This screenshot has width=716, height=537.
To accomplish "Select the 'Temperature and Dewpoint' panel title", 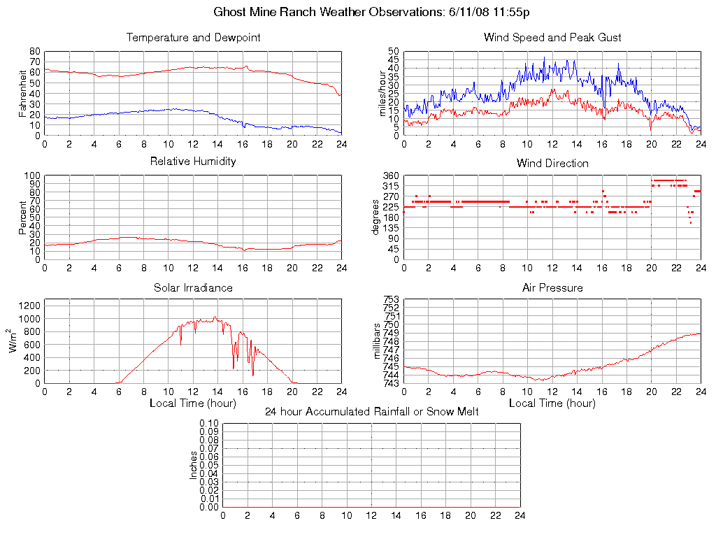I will pos(193,37).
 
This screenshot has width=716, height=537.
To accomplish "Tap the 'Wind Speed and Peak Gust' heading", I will pos(552,37).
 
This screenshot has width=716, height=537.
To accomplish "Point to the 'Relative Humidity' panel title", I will pos(193,162).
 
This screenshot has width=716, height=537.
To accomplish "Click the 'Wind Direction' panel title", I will pos(552,163).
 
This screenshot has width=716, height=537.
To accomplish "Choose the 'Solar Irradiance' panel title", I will pos(193,287).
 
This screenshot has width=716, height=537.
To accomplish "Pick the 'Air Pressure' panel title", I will pos(552,287).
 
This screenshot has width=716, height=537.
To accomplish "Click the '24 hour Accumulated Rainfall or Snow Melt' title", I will pos(371,412).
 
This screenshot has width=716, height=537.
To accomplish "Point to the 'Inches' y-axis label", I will pos(194,466).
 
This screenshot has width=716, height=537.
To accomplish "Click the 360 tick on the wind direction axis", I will pos(390,176).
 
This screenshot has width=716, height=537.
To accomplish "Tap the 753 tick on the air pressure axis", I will pos(390,300).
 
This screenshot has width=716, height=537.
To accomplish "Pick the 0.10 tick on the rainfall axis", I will pos(209,424).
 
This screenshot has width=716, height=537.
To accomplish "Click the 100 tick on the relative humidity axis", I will pos(32,176).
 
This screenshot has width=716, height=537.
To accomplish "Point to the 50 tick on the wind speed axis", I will pos(393,52).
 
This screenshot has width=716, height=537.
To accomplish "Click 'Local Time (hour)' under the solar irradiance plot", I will pos(193,403).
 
